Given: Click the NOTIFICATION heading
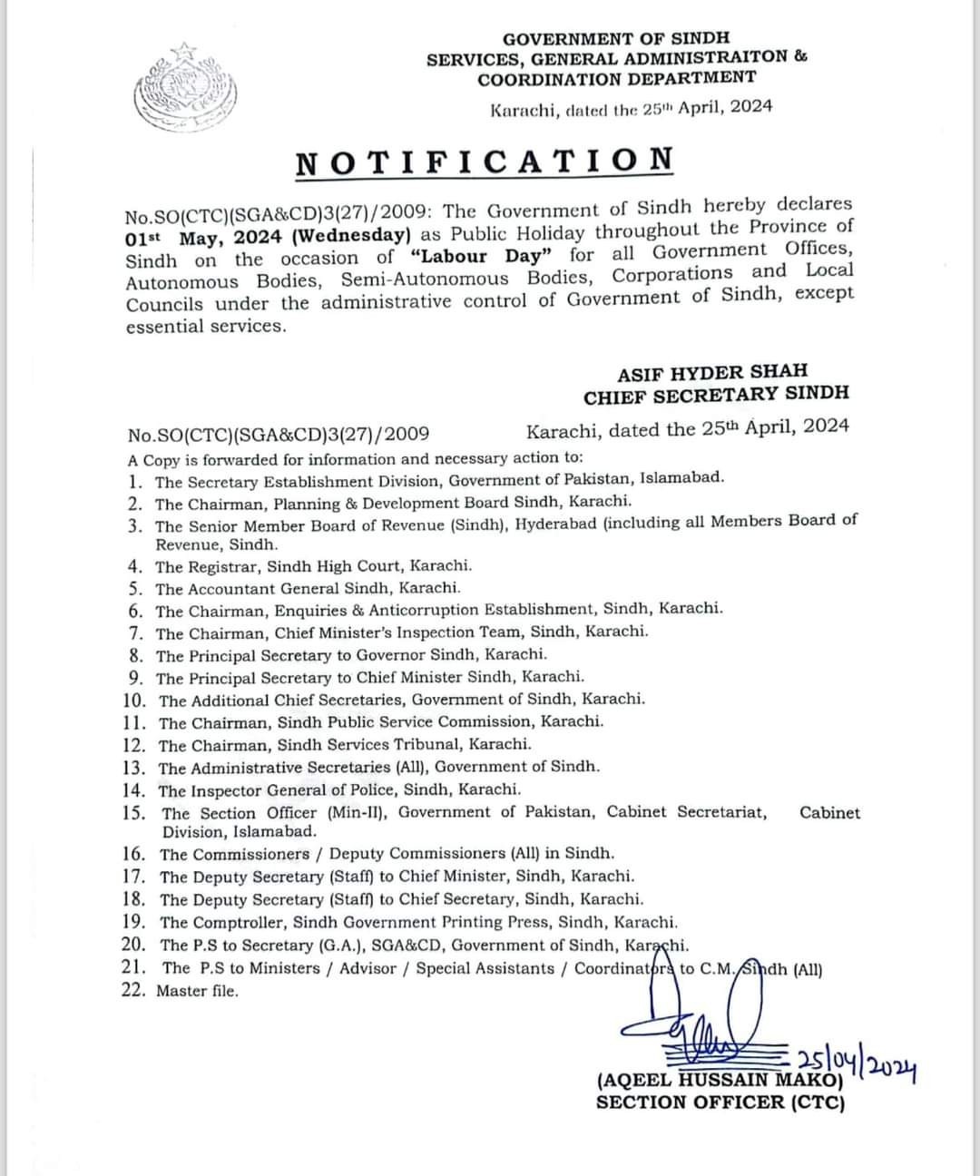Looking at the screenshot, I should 485,162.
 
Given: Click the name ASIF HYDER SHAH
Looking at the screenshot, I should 712,372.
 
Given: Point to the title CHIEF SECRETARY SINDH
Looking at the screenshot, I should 717,395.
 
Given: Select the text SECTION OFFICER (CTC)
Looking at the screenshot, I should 720,1102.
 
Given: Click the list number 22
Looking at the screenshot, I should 134,990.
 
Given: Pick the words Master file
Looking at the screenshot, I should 198,991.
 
